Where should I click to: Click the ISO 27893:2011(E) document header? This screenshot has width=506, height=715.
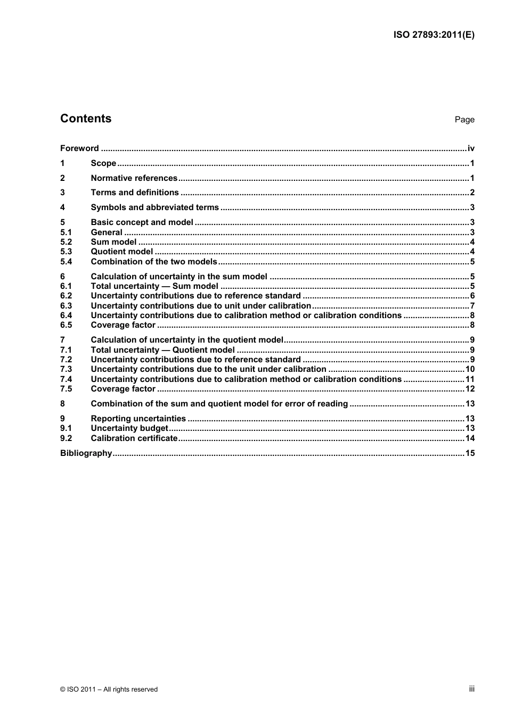(x=434, y=35)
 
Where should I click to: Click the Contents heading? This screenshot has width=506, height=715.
(x=86, y=119)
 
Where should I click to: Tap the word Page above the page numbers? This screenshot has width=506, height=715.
(x=464, y=120)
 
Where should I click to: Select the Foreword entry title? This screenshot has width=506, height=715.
(x=79, y=148)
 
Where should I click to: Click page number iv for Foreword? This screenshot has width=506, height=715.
(x=470, y=148)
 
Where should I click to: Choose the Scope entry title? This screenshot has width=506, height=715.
(x=103, y=163)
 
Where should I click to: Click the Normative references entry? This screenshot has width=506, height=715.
(x=134, y=178)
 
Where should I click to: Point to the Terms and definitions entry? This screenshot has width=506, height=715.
(x=135, y=193)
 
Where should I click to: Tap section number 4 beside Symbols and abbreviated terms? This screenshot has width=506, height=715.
(x=62, y=207)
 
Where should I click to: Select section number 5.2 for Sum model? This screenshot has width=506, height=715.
(x=66, y=242)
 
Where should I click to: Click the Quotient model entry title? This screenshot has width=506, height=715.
(x=121, y=252)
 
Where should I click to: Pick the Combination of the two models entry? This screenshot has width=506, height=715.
(x=154, y=262)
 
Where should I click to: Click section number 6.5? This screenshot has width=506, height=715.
(x=66, y=325)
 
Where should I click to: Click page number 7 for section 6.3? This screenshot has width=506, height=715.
(x=472, y=306)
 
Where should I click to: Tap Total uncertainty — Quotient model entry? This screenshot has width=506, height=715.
(x=162, y=350)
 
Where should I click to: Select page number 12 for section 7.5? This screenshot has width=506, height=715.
(x=470, y=389)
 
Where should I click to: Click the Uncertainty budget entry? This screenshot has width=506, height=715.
(x=129, y=428)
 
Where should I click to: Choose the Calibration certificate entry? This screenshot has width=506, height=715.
(x=134, y=438)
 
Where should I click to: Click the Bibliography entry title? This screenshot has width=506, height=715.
(x=86, y=453)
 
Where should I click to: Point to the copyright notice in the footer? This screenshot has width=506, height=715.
(x=109, y=689)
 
